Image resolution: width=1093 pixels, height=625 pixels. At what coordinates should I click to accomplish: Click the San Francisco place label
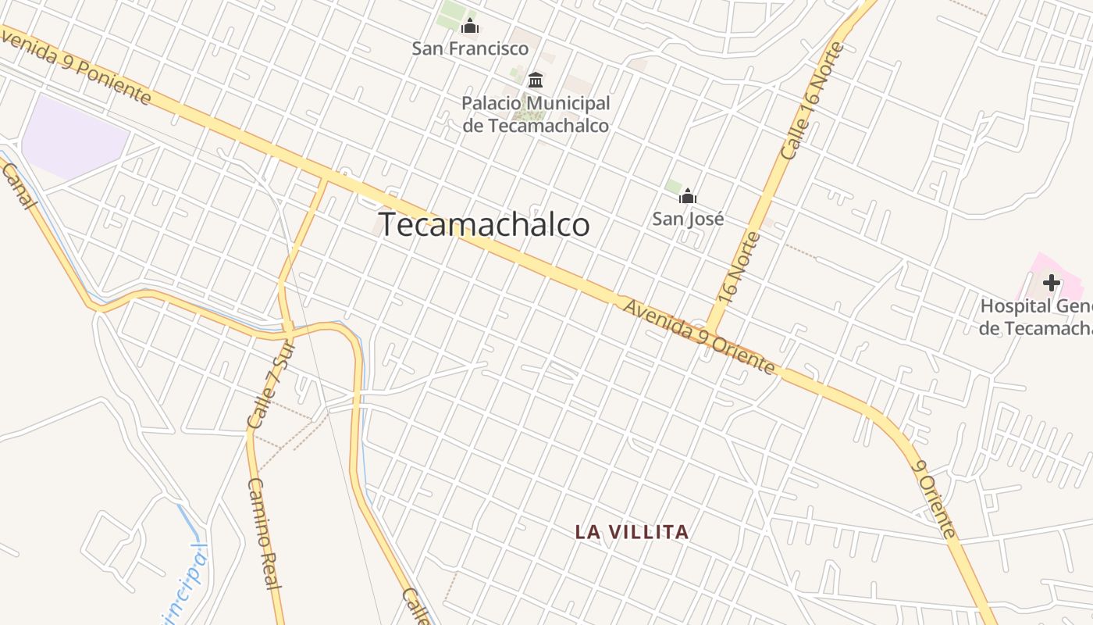coord(470,48)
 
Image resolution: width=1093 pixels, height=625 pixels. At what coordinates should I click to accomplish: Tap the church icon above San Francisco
coord(469,27)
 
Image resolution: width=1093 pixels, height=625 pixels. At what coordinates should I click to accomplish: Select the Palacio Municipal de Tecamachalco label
coord(536,114)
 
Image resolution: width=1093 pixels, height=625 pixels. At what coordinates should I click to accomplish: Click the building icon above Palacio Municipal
coord(536,80)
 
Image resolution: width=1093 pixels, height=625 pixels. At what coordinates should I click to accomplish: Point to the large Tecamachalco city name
coord(484,224)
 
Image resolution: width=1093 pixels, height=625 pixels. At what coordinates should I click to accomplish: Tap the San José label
coord(688,218)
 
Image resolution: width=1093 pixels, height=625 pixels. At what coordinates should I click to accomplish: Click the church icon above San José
coord(687,196)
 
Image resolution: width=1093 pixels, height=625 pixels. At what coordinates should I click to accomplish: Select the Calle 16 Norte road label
coord(813,102)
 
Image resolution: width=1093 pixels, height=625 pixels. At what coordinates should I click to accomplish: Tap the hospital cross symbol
coord(1052,282)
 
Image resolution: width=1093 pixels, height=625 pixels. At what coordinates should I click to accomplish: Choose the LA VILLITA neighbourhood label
coord(632,532)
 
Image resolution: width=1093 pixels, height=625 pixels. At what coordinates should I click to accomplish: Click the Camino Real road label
coord(264,533)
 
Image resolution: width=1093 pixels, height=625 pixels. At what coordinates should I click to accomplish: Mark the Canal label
coord(19,186)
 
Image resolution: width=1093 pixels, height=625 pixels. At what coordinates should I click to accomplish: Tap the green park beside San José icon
coord(673,186)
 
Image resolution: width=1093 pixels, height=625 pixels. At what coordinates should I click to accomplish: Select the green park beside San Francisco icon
coord(450,16)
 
